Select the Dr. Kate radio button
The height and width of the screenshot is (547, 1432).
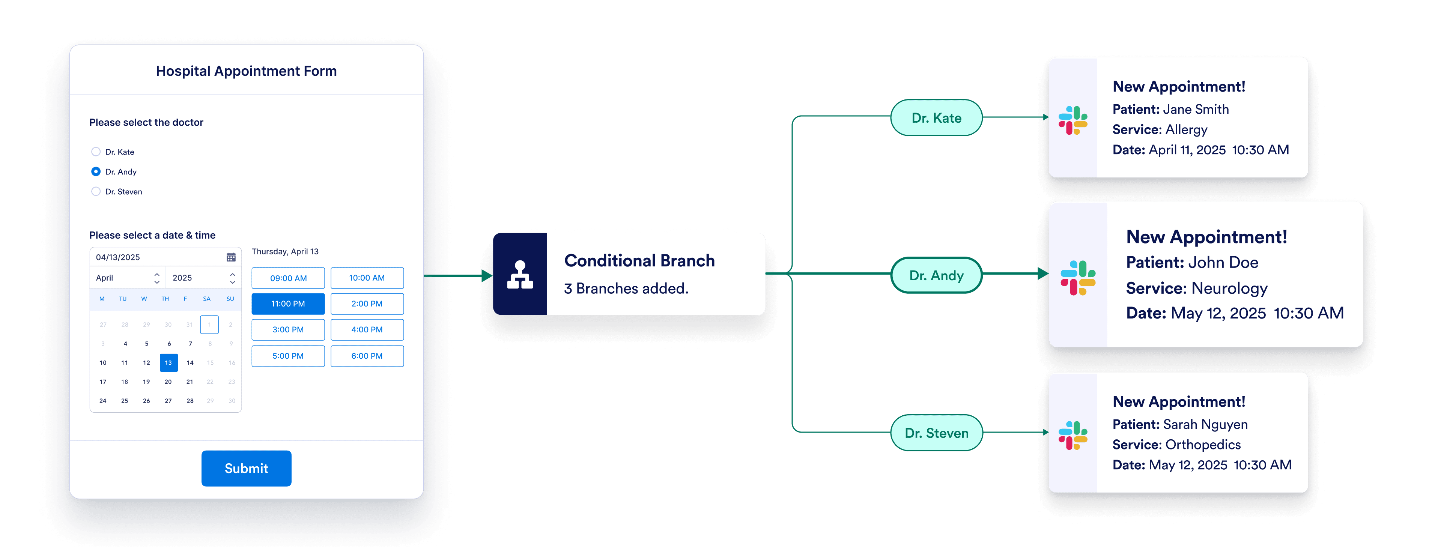click(96, 152)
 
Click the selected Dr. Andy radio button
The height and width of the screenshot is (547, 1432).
click(96, 172)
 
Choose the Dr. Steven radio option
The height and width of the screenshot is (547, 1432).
click(96, 192)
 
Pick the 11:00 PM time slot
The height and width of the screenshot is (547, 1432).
click(288, 304)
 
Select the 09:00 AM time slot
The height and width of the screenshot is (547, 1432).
click(288, 278)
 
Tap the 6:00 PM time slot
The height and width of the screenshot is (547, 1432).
click(367, 356)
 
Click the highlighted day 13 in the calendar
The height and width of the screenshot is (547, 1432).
click(168, 362)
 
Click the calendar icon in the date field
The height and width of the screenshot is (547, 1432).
click(231, 257)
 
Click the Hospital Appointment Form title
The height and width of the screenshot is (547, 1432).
click(246, 71)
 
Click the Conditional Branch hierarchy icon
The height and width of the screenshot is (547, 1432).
click(520, 274)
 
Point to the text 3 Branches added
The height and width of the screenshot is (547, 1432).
click(626, 289)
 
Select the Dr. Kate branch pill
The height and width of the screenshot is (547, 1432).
click(936, 118)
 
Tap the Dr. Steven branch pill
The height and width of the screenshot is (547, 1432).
click(936, 433)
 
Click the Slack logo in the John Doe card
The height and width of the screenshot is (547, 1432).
click(1078, 278)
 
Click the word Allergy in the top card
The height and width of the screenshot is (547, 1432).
click(1186, 129)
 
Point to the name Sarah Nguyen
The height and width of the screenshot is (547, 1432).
click(1205, 425)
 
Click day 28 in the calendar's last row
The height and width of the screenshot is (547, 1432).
click(190, 401)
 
